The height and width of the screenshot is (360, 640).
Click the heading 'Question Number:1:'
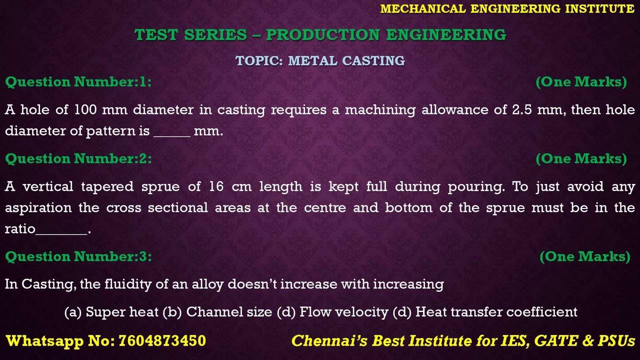coord(78,82)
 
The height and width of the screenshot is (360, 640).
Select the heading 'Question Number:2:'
coord(78,158)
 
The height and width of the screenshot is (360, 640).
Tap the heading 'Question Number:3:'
coord(78,256)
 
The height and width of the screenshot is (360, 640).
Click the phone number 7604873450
coord(162,341)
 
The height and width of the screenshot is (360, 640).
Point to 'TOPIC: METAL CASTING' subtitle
coord(320,61)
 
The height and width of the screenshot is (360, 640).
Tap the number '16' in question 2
coord(216,187)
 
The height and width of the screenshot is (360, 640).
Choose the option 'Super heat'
coord(122,312)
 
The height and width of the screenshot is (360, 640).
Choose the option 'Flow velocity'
coord(343,312)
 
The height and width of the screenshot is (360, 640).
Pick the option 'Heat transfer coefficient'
coord(496,312)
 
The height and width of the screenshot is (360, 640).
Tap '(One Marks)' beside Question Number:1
coord(581,82)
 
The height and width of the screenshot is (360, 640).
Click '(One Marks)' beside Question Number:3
coord(585,256)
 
